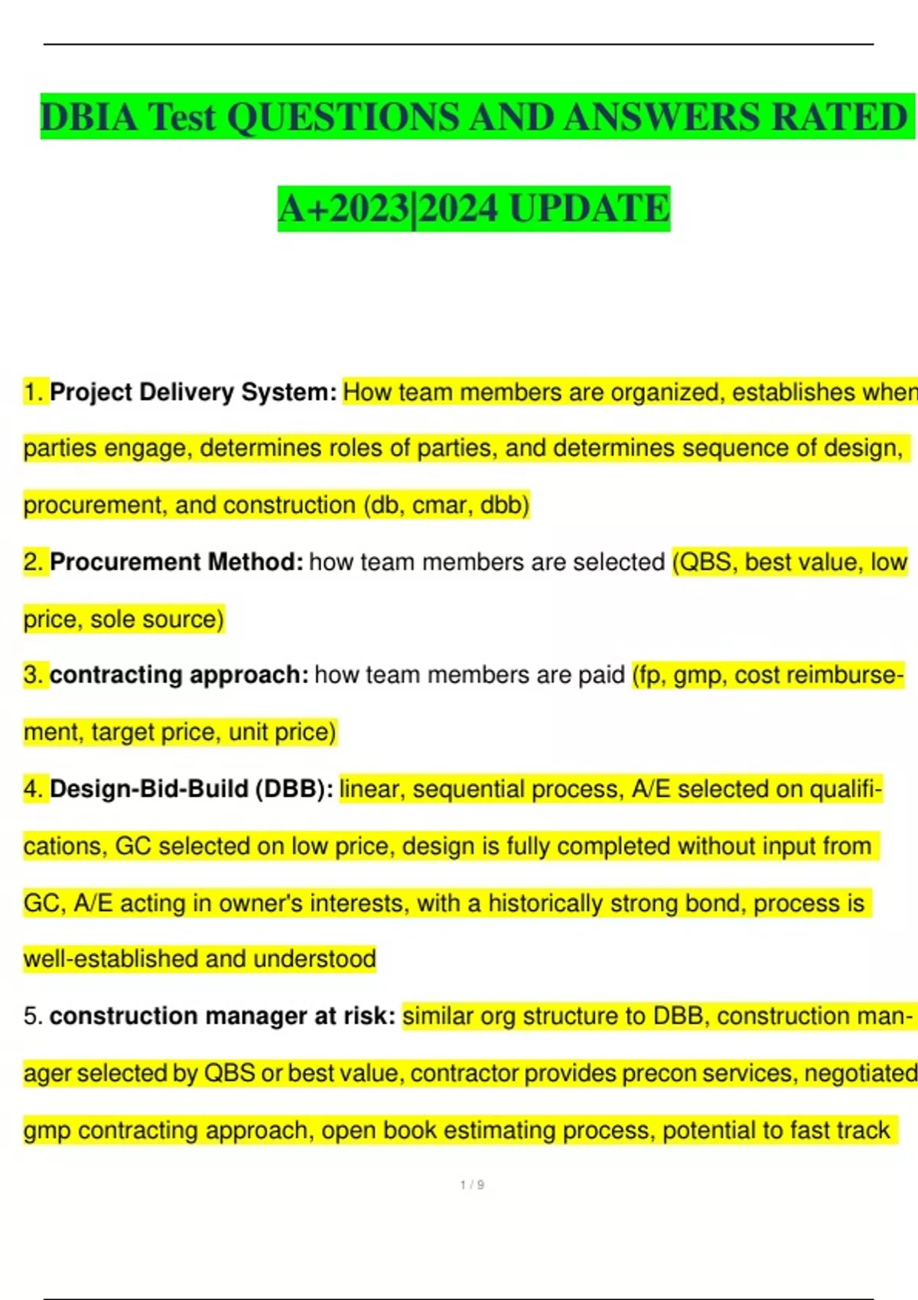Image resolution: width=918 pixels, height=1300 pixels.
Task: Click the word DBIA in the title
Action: click(90, 118)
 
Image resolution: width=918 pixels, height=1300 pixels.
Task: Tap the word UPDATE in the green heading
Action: click(589, 209)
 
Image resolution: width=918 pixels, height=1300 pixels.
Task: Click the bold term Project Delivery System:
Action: click(193, 392)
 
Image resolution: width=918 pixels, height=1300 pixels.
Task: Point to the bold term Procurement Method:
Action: click(176, 562)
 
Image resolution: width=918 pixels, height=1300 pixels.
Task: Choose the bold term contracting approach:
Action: click(179, 675)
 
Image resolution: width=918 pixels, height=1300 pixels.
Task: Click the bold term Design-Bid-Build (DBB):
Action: click(191, 789)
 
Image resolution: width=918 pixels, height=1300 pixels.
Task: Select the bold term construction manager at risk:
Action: click(222, 1016)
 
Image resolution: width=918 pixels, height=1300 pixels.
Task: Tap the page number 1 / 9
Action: click(472, 1185)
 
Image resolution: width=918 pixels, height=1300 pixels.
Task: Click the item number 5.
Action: click(32, 1016)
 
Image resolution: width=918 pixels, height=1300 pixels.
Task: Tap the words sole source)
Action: click(157, 619)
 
